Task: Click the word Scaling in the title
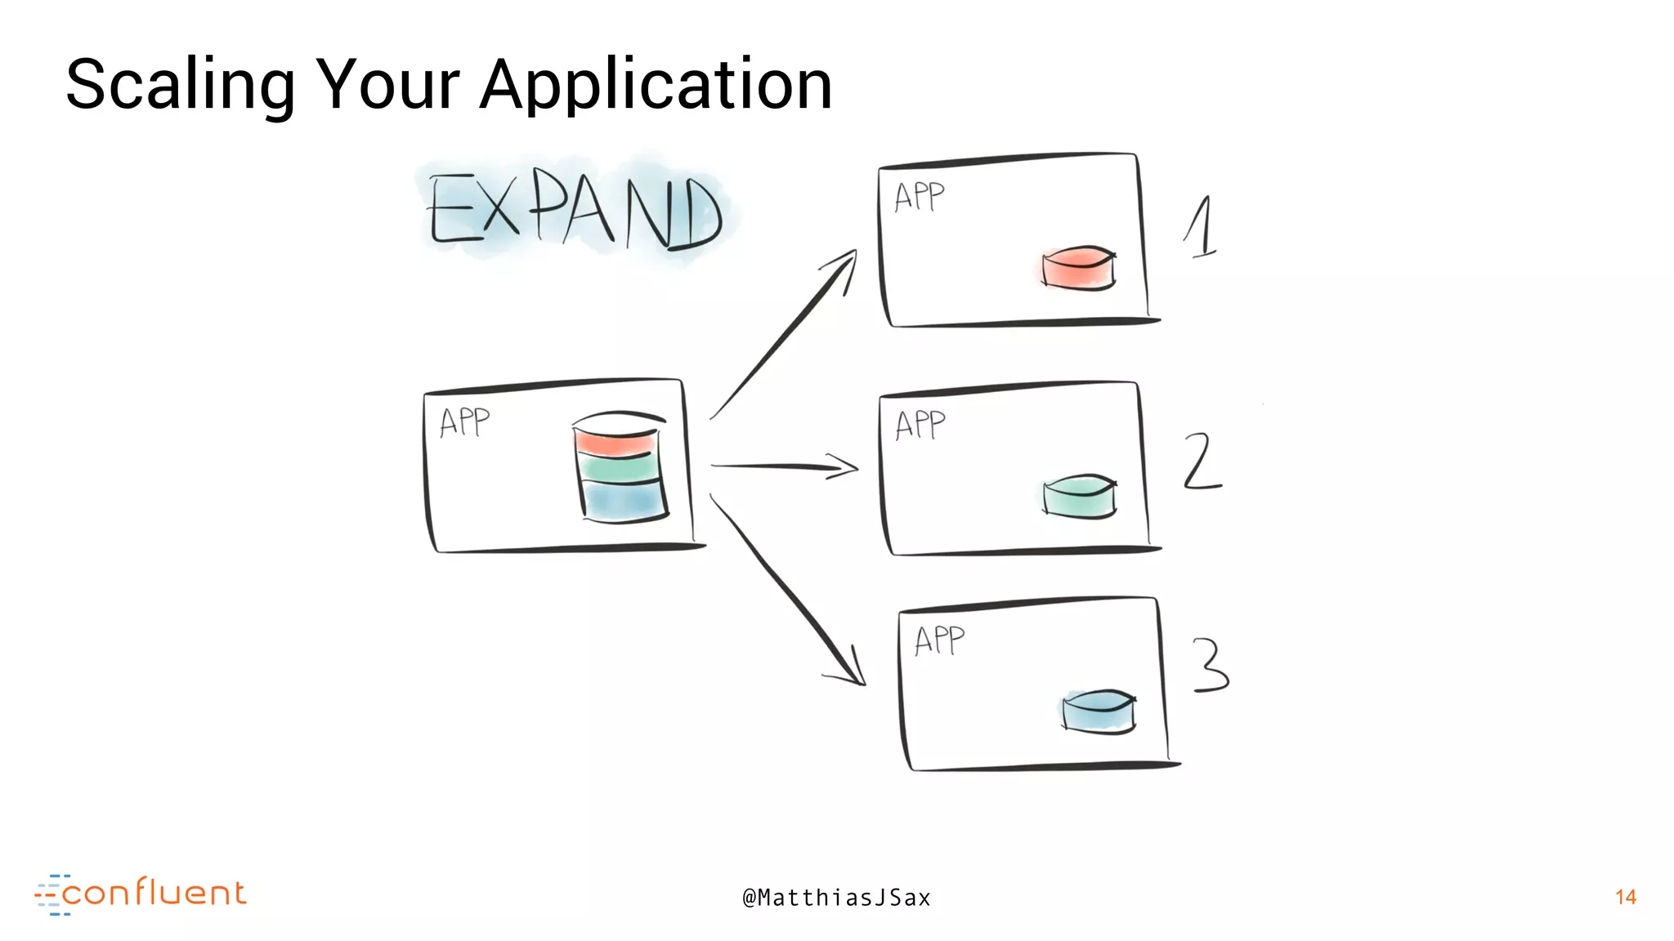(180, 86)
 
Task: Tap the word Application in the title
(656, 86)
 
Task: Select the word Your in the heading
(387, 86)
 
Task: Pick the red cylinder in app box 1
(1078, 269)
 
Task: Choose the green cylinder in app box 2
(1079, 497)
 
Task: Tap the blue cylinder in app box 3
(1099, 711)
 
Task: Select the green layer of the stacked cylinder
(619, 469)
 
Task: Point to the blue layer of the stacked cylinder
(623, 500)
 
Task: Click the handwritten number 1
(1201, 227)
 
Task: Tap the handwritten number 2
(1201, 462)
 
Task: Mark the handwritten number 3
(1210, 665)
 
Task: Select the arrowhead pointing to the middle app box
(846, 467)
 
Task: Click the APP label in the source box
(464, 422)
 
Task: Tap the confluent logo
(141, 894)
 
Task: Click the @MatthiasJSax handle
(836, 898)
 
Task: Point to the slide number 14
(1625, 897)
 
